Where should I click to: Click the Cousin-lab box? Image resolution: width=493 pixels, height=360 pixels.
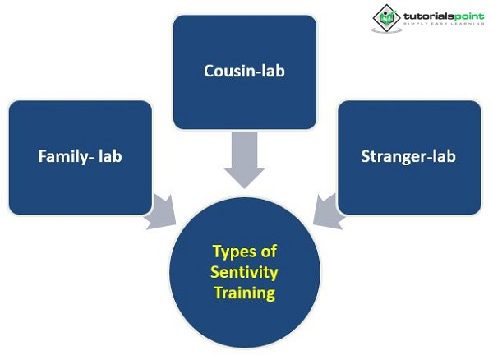tap(244, 72)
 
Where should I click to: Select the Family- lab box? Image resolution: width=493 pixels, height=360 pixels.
tap(80, 157)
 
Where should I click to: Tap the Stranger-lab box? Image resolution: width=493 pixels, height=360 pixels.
tap(408, 157)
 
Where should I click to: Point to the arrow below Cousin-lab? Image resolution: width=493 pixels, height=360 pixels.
tap(244, 160)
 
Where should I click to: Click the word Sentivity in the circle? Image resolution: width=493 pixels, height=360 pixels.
tap(244, 272)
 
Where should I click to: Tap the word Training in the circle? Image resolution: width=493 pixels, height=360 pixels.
tap(244, 292)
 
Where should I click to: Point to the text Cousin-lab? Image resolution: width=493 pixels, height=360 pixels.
tap(244, 71)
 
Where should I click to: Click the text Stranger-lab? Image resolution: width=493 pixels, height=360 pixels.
tap(408, 156)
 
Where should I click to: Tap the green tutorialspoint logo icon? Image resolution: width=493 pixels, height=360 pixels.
tap(386, 17)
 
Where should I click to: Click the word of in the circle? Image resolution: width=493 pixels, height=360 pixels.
tap(267, 252)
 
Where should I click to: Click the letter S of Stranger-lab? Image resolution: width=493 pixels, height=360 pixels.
tap(366, 156)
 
